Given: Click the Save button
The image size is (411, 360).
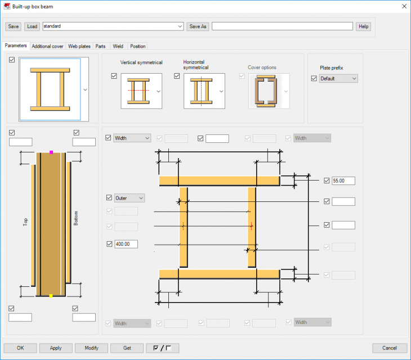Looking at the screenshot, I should [14, 26].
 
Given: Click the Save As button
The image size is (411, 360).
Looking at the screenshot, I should [198, 26].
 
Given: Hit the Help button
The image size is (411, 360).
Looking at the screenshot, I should [364, 26].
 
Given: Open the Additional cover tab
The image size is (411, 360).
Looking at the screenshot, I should [47, 46].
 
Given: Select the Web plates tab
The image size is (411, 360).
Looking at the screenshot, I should [79, 46].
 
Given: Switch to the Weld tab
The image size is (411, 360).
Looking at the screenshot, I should [118, 46].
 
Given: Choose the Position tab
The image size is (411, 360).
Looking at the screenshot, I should [137, 46].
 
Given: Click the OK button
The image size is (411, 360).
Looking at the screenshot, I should [20, 348].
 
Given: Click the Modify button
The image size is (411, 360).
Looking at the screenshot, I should [92, 348].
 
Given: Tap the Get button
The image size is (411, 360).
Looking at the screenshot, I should [127, 348].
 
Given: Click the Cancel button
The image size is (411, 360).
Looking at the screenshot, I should [390, 348].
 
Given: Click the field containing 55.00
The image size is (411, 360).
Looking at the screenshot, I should [343, 181].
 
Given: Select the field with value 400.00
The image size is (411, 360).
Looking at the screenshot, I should [126, 244].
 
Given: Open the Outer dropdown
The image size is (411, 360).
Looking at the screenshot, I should [129, 198].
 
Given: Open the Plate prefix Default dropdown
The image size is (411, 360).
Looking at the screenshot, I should [338, 79].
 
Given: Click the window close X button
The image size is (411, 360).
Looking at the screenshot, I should [403, 6].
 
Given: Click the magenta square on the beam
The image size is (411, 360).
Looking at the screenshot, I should [51, 152].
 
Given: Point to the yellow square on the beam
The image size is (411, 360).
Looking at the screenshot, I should [51, 296].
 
